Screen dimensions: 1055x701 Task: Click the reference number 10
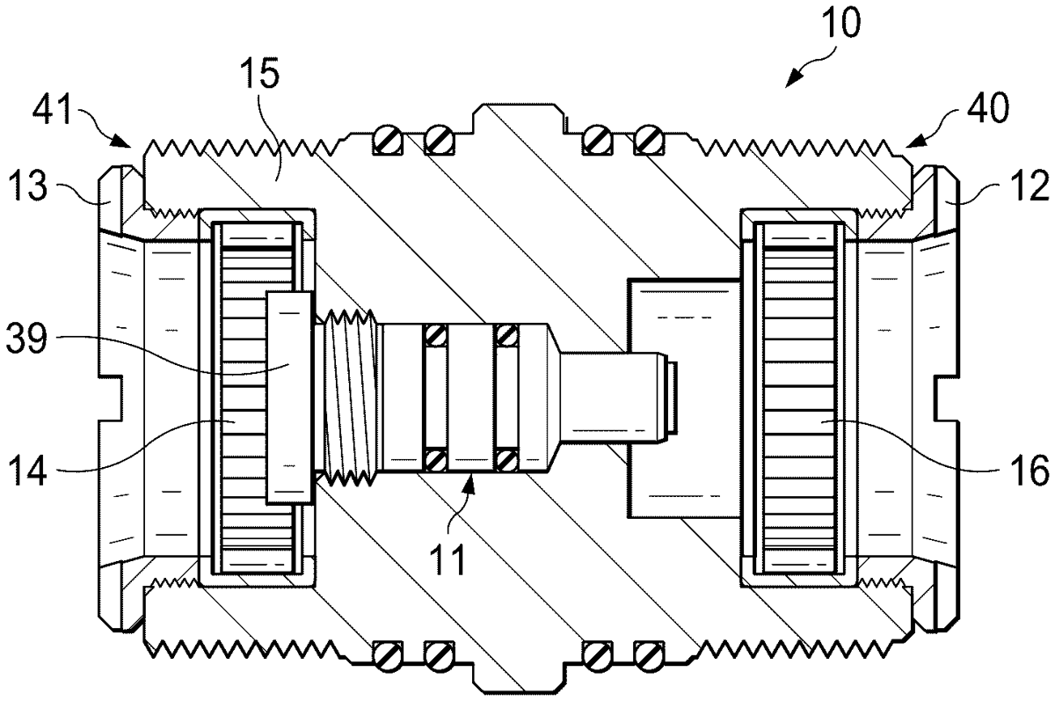[841, 23]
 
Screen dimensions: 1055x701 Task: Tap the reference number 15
[259, 75]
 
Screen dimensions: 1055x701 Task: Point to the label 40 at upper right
[988, 108]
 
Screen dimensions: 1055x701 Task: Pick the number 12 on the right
[1030, 186]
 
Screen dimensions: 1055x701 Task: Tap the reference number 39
[27, 339]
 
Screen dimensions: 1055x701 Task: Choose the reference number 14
[28, 471]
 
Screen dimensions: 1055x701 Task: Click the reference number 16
[1030, 471]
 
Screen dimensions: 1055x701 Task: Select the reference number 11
[447, 559]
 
